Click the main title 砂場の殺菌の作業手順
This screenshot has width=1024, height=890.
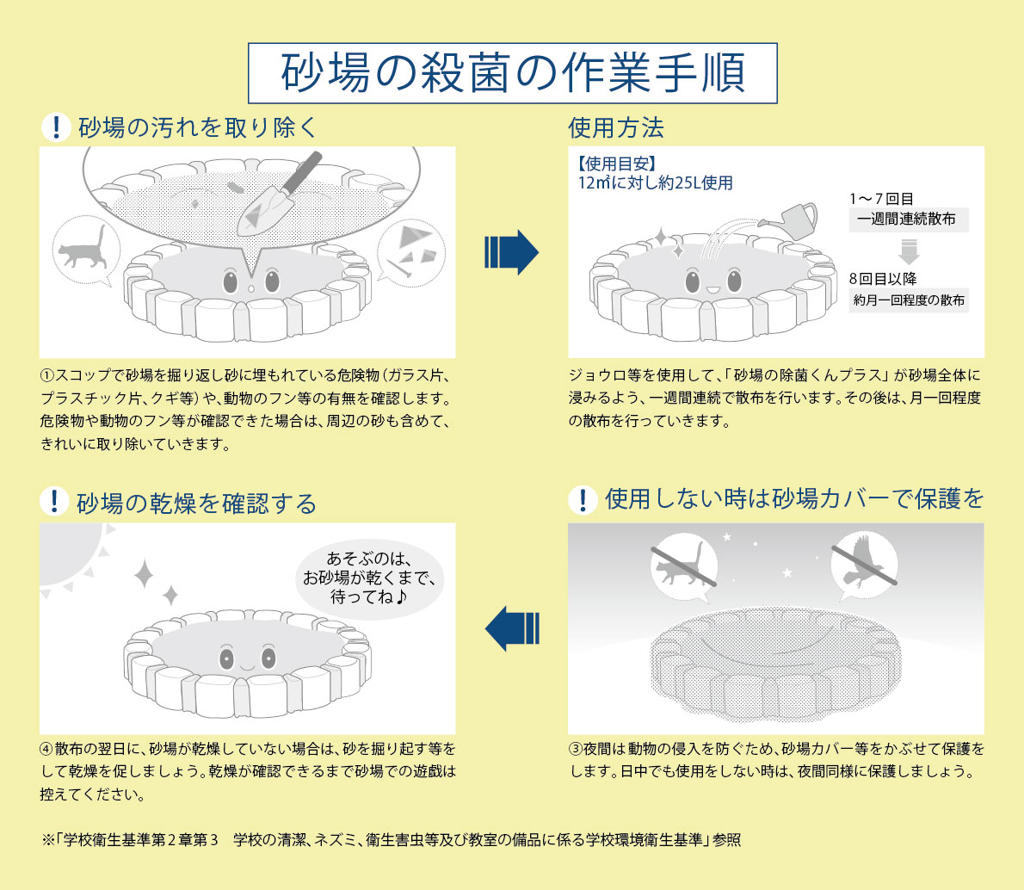tap(513, 73)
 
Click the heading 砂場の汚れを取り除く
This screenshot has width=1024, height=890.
tap(198, 127)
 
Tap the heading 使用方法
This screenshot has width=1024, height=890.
tap(615, 128)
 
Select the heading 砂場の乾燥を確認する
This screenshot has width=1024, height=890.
tap(197, 504)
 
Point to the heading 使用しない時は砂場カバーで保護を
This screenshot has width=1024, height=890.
tap(794, 499)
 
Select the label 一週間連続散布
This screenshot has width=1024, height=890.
tap(907, 219)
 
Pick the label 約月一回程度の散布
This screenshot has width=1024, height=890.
tap(909, 301)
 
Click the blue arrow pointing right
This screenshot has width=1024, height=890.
tap(511, 252)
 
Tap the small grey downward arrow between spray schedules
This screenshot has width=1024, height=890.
tap(909, 251)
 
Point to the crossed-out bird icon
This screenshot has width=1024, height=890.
tap(865, 564)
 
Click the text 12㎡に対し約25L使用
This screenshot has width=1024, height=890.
tap(656, 183)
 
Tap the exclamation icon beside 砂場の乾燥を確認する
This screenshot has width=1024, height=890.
tap(54, 501)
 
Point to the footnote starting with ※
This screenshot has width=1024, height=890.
tap(390, 840)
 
